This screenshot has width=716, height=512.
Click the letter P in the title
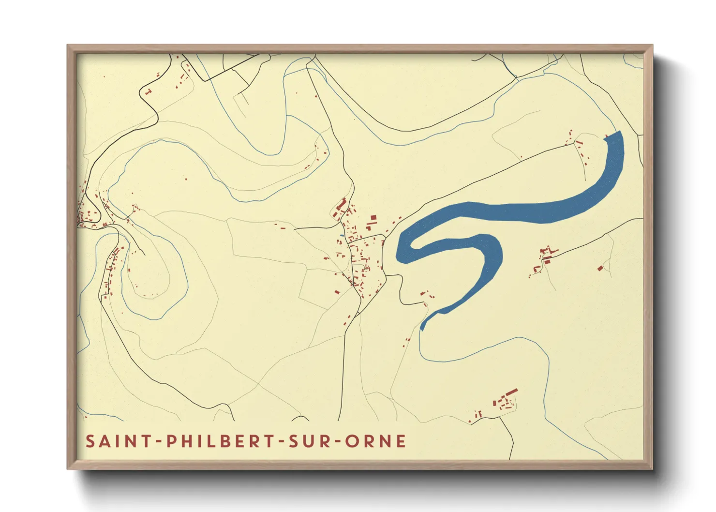tap(171, 441)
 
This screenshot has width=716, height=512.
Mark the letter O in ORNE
tap(352, 441)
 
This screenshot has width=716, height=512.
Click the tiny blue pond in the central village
tap(342, 236)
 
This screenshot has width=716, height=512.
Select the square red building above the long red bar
tap(373, 218)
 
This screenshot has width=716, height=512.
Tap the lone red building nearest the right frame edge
tap(600, 268)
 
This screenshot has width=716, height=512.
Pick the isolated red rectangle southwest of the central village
tap(337, 291)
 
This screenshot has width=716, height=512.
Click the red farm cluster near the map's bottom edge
tap(505, 400)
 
